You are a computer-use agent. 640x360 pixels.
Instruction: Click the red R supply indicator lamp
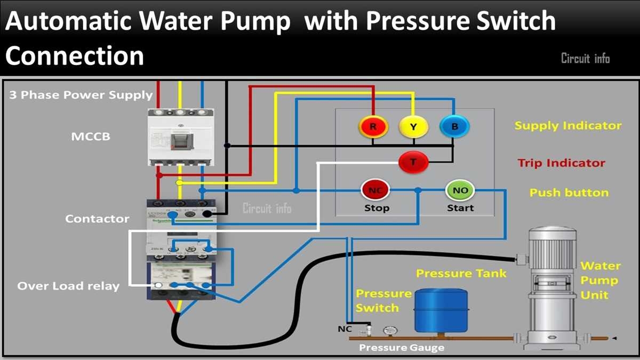point(373,127)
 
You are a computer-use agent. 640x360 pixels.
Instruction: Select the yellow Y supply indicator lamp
point(413,127)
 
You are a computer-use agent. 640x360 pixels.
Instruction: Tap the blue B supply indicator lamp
point(453,127)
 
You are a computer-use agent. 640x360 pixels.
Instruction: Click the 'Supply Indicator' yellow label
point(568,126)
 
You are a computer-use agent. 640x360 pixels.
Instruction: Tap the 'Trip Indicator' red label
point(561,163)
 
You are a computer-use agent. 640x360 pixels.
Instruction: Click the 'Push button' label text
point(569,193)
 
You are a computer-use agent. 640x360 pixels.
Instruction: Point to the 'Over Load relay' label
point(68,286)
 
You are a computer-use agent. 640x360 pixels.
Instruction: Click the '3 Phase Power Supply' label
point(81,95)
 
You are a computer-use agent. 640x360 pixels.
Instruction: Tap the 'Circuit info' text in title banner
point(585,58)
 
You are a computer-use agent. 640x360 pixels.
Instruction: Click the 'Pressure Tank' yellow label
point(461,274)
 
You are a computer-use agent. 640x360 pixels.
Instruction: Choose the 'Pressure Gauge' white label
point(401,348)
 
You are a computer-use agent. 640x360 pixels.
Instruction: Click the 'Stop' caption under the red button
point(377,208)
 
